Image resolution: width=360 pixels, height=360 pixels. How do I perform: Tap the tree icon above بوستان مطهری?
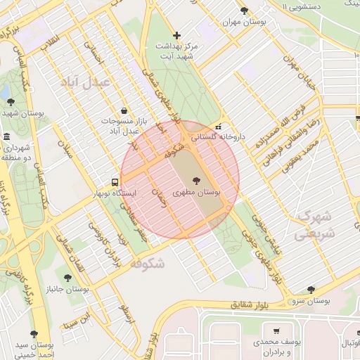(x=195, y=180)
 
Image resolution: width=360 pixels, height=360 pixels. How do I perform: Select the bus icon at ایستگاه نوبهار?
(x=115, y=182)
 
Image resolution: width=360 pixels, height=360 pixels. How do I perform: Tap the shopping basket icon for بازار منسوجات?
(x=124, y=110)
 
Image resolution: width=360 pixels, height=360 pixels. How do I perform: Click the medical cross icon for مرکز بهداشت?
(x=176, y=35)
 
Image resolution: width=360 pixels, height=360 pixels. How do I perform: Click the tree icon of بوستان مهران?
(x=244, y=11)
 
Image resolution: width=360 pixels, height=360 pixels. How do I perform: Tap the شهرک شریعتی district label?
(x=316, y=223)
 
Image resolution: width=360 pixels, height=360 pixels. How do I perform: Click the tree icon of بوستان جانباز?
(x=67, y=278)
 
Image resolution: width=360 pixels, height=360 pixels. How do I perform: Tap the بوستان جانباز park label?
(x=67, y=290)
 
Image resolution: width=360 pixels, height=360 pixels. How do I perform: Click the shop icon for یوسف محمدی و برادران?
(x=276, y=330)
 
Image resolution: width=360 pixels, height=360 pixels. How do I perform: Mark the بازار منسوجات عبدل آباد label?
(x=124, y=125)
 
